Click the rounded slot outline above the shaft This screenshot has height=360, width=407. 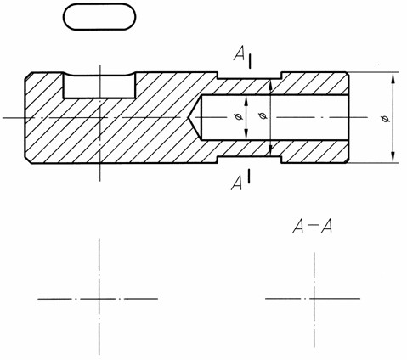(x=99, y=4)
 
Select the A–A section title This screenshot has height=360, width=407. (x=312, y=227)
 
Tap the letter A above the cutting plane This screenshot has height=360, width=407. (x=239, y=53)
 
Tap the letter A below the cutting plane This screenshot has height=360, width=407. (x=237, y=183)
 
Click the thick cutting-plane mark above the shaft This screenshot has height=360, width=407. (x=250, y=62)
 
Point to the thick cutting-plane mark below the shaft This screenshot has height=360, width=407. (x=248, y=176)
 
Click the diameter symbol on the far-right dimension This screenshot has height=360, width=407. (x=385, y=119)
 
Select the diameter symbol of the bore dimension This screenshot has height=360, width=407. (x=239, y=116)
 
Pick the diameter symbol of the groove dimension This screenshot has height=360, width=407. (x=263, y=115)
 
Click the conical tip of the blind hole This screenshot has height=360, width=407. (x=188, y=118)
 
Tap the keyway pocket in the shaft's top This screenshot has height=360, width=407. (x=99, y=87)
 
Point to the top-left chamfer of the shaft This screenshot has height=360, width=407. (x=28, y=76)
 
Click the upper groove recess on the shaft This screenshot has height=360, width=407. (x=249, y=76)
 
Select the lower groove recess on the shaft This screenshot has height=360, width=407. (x=249, y=160)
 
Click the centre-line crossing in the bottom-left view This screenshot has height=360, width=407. (x=99, y=299)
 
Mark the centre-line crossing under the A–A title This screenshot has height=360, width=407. (x=314, y=298)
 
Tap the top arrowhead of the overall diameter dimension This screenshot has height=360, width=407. (x=393, y=78)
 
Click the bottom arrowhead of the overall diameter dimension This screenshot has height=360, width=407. (x=393, y=157)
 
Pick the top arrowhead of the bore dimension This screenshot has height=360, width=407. (x=246, y=101)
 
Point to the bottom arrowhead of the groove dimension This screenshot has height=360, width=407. (x=270, y=150)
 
